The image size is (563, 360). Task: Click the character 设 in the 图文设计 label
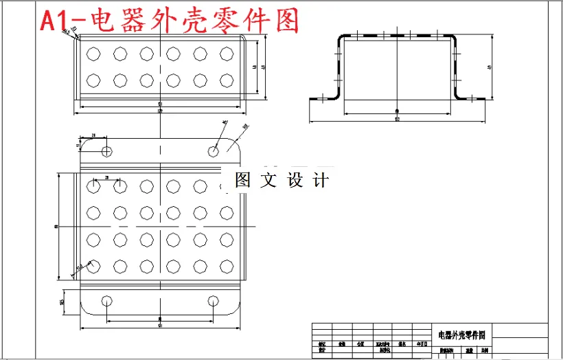295,181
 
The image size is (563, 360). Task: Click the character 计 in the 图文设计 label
321,181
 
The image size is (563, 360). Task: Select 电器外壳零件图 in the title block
461,335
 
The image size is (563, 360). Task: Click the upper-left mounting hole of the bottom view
106,150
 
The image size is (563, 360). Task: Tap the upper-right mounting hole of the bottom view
214,150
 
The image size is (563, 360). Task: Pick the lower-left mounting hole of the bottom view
106,300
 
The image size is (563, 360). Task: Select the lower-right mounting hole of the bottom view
214,300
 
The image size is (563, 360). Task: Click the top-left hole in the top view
93,53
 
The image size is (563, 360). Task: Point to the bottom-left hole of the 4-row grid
93,266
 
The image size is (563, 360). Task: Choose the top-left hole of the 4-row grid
93,185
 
